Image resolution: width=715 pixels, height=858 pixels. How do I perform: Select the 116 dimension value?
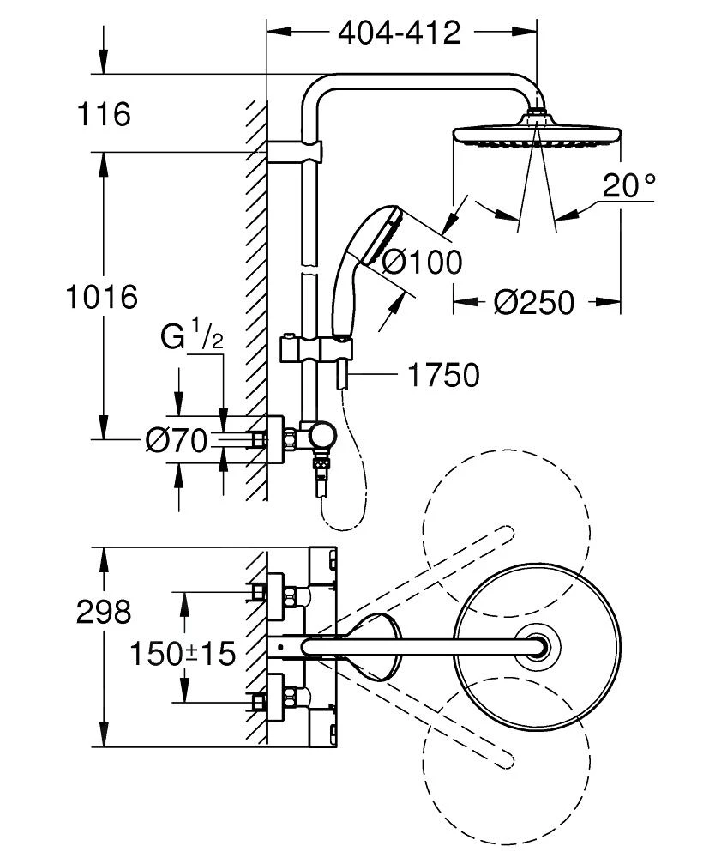click(103, 114)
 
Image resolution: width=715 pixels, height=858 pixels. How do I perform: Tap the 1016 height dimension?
click(102, 298)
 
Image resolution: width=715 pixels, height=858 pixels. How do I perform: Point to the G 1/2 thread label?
click(193, 337)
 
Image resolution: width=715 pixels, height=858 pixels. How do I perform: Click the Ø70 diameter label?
click(177, 441)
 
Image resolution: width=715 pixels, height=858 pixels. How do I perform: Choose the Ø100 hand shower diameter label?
click(421, 261)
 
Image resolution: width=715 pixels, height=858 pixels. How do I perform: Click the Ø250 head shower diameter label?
click(534, 302)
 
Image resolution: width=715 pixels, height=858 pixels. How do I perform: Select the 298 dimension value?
click(103, 613)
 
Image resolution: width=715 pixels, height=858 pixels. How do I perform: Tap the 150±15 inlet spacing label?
click(183, 656)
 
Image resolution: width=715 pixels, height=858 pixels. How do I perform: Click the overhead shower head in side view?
click(536, 136)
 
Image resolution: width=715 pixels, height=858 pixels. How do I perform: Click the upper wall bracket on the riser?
click(295, 152)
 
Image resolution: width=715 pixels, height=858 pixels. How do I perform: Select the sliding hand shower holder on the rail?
click(315, 351)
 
